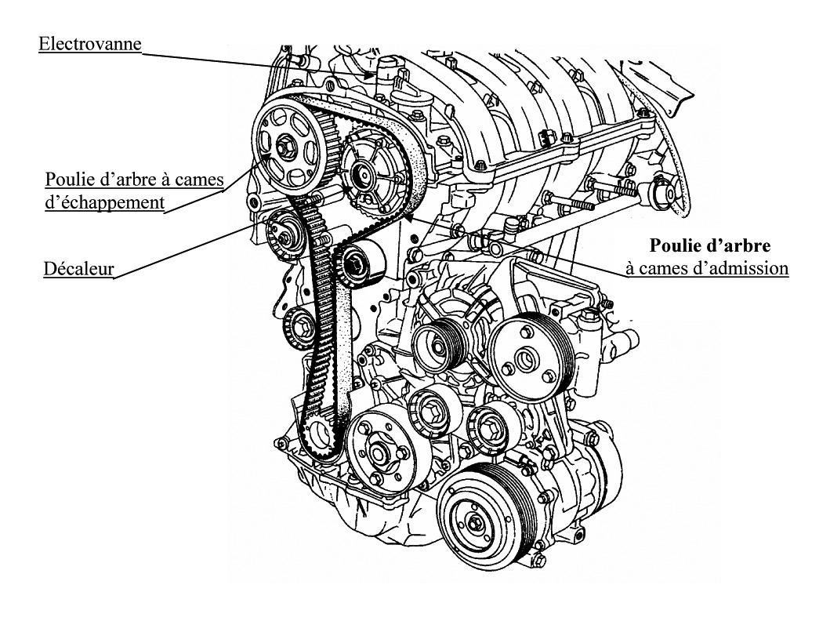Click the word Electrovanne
click(90, 43)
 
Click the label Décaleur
click(78, 270)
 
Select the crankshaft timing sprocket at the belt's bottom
click(317, 434)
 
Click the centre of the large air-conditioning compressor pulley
click(476, 521)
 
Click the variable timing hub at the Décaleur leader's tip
click(281, 232)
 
